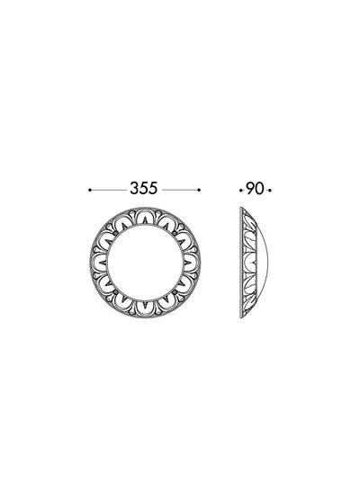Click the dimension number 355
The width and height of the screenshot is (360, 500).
tap(144, 188)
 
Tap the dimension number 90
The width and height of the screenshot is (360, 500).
tap(255, 189)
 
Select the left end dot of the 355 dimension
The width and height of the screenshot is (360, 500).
tap(90, 190)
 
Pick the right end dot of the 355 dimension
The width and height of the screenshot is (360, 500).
tap(199, 190)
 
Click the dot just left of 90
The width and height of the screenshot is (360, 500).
tap(240, 191)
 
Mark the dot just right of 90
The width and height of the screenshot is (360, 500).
tap(270, 191)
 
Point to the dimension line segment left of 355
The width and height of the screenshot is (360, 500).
tap(109, 190)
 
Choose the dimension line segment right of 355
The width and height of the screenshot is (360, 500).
tap(180, 190)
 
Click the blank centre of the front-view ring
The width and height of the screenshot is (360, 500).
tap(145, 263)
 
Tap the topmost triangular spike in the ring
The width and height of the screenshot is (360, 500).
tap(145, 220)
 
